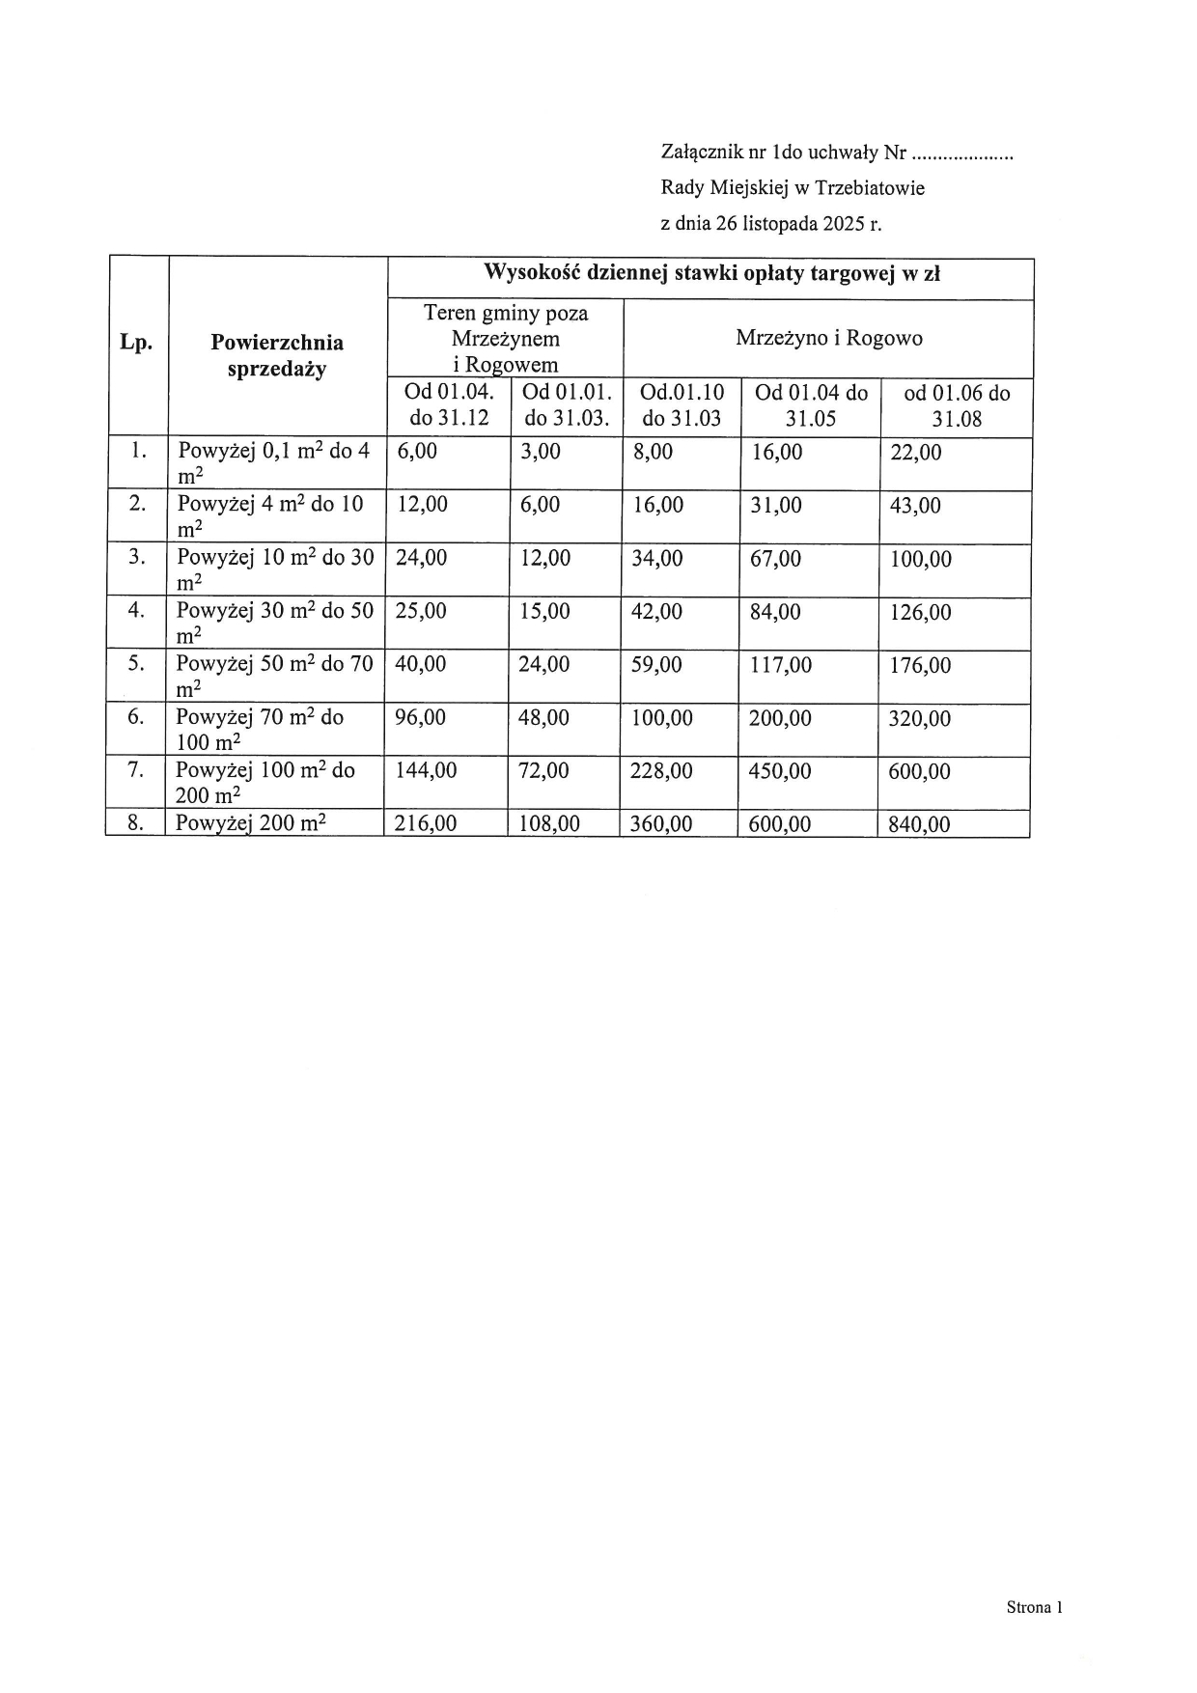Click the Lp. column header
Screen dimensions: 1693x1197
(x=136, y=343)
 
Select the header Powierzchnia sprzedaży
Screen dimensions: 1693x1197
(x=277, y=355)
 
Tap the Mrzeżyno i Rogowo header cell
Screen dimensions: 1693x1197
(x=828, y=338)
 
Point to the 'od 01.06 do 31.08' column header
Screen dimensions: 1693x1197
(x=957, y=406)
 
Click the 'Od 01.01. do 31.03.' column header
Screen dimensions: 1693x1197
(x=567, y=405)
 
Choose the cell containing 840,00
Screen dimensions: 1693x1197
(x=919, y=824)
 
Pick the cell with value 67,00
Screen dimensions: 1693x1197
(x=775, y=559)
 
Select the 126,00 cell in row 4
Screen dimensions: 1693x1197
(x=920, y=613)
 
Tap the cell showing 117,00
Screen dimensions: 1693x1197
(x=780, y=665)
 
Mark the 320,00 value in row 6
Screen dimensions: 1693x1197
(x=919, y=719)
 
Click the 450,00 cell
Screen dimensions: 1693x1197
(x=780, y=771)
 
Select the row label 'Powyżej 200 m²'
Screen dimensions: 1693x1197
(x=251, y=823)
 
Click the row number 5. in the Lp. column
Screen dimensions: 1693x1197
(x=136, y=664)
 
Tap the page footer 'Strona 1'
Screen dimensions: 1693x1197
(x=1034, y=1607)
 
